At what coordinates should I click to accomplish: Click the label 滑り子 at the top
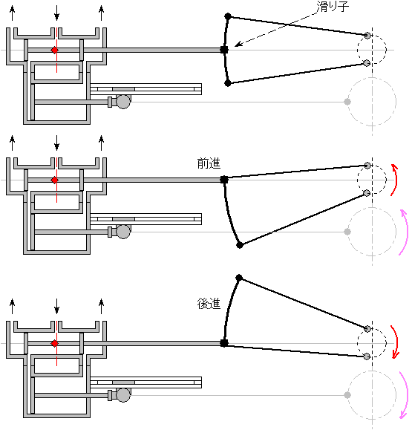[x=333, y=7]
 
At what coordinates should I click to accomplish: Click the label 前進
[x=209, y=163]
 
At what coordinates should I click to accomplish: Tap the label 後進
[x=209, y=304]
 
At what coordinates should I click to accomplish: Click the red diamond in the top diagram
[x=55, y=51]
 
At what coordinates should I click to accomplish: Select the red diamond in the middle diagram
[x=55, y=180]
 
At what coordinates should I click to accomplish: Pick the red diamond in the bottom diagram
[x=55, y=343]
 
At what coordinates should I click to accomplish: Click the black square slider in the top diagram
[x=224, y=50]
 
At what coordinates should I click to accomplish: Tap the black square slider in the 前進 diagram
[x=224, y=180]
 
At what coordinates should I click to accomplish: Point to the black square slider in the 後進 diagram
[x=224, y=343]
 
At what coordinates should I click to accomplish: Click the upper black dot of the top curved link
[x=228, y=16]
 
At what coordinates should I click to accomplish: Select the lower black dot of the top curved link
[x=227, y=83]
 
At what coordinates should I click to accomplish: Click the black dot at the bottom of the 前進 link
[x=240, y=245]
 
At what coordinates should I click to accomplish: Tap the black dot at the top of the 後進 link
[x=239, y=278]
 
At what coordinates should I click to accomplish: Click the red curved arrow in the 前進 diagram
[x=396, y=180]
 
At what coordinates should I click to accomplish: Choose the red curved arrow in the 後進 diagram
[x=396, y=342]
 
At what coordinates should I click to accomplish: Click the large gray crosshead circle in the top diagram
[x=123, y=102]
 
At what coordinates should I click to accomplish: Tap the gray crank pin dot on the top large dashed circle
[x=347, y=102]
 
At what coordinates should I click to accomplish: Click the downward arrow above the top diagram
[x=56, y=13]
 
